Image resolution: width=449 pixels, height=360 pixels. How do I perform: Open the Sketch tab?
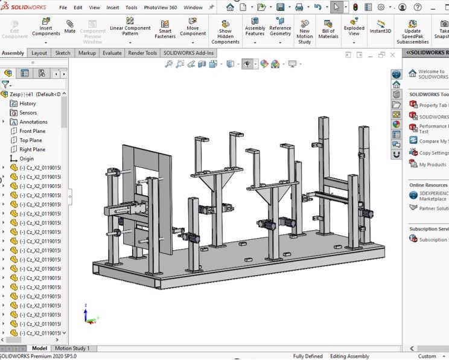point(63,53)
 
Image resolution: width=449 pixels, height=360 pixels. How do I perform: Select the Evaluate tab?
point(112,53)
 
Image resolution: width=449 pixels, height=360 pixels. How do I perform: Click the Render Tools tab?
point(142,53)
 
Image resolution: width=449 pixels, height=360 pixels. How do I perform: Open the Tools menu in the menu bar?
point(131,8)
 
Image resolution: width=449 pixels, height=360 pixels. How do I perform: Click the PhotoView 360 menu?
point(161,8)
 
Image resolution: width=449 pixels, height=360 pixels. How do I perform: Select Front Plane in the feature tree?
point(32,131)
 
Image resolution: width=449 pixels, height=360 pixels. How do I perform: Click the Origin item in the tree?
point(27,159)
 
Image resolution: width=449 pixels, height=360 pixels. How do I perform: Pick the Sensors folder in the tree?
point(28,113)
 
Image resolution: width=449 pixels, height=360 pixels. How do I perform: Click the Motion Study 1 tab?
point(72,349)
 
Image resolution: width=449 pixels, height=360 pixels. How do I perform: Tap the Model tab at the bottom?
point(39,349)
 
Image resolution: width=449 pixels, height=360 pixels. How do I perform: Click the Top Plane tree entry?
point(31,140)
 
